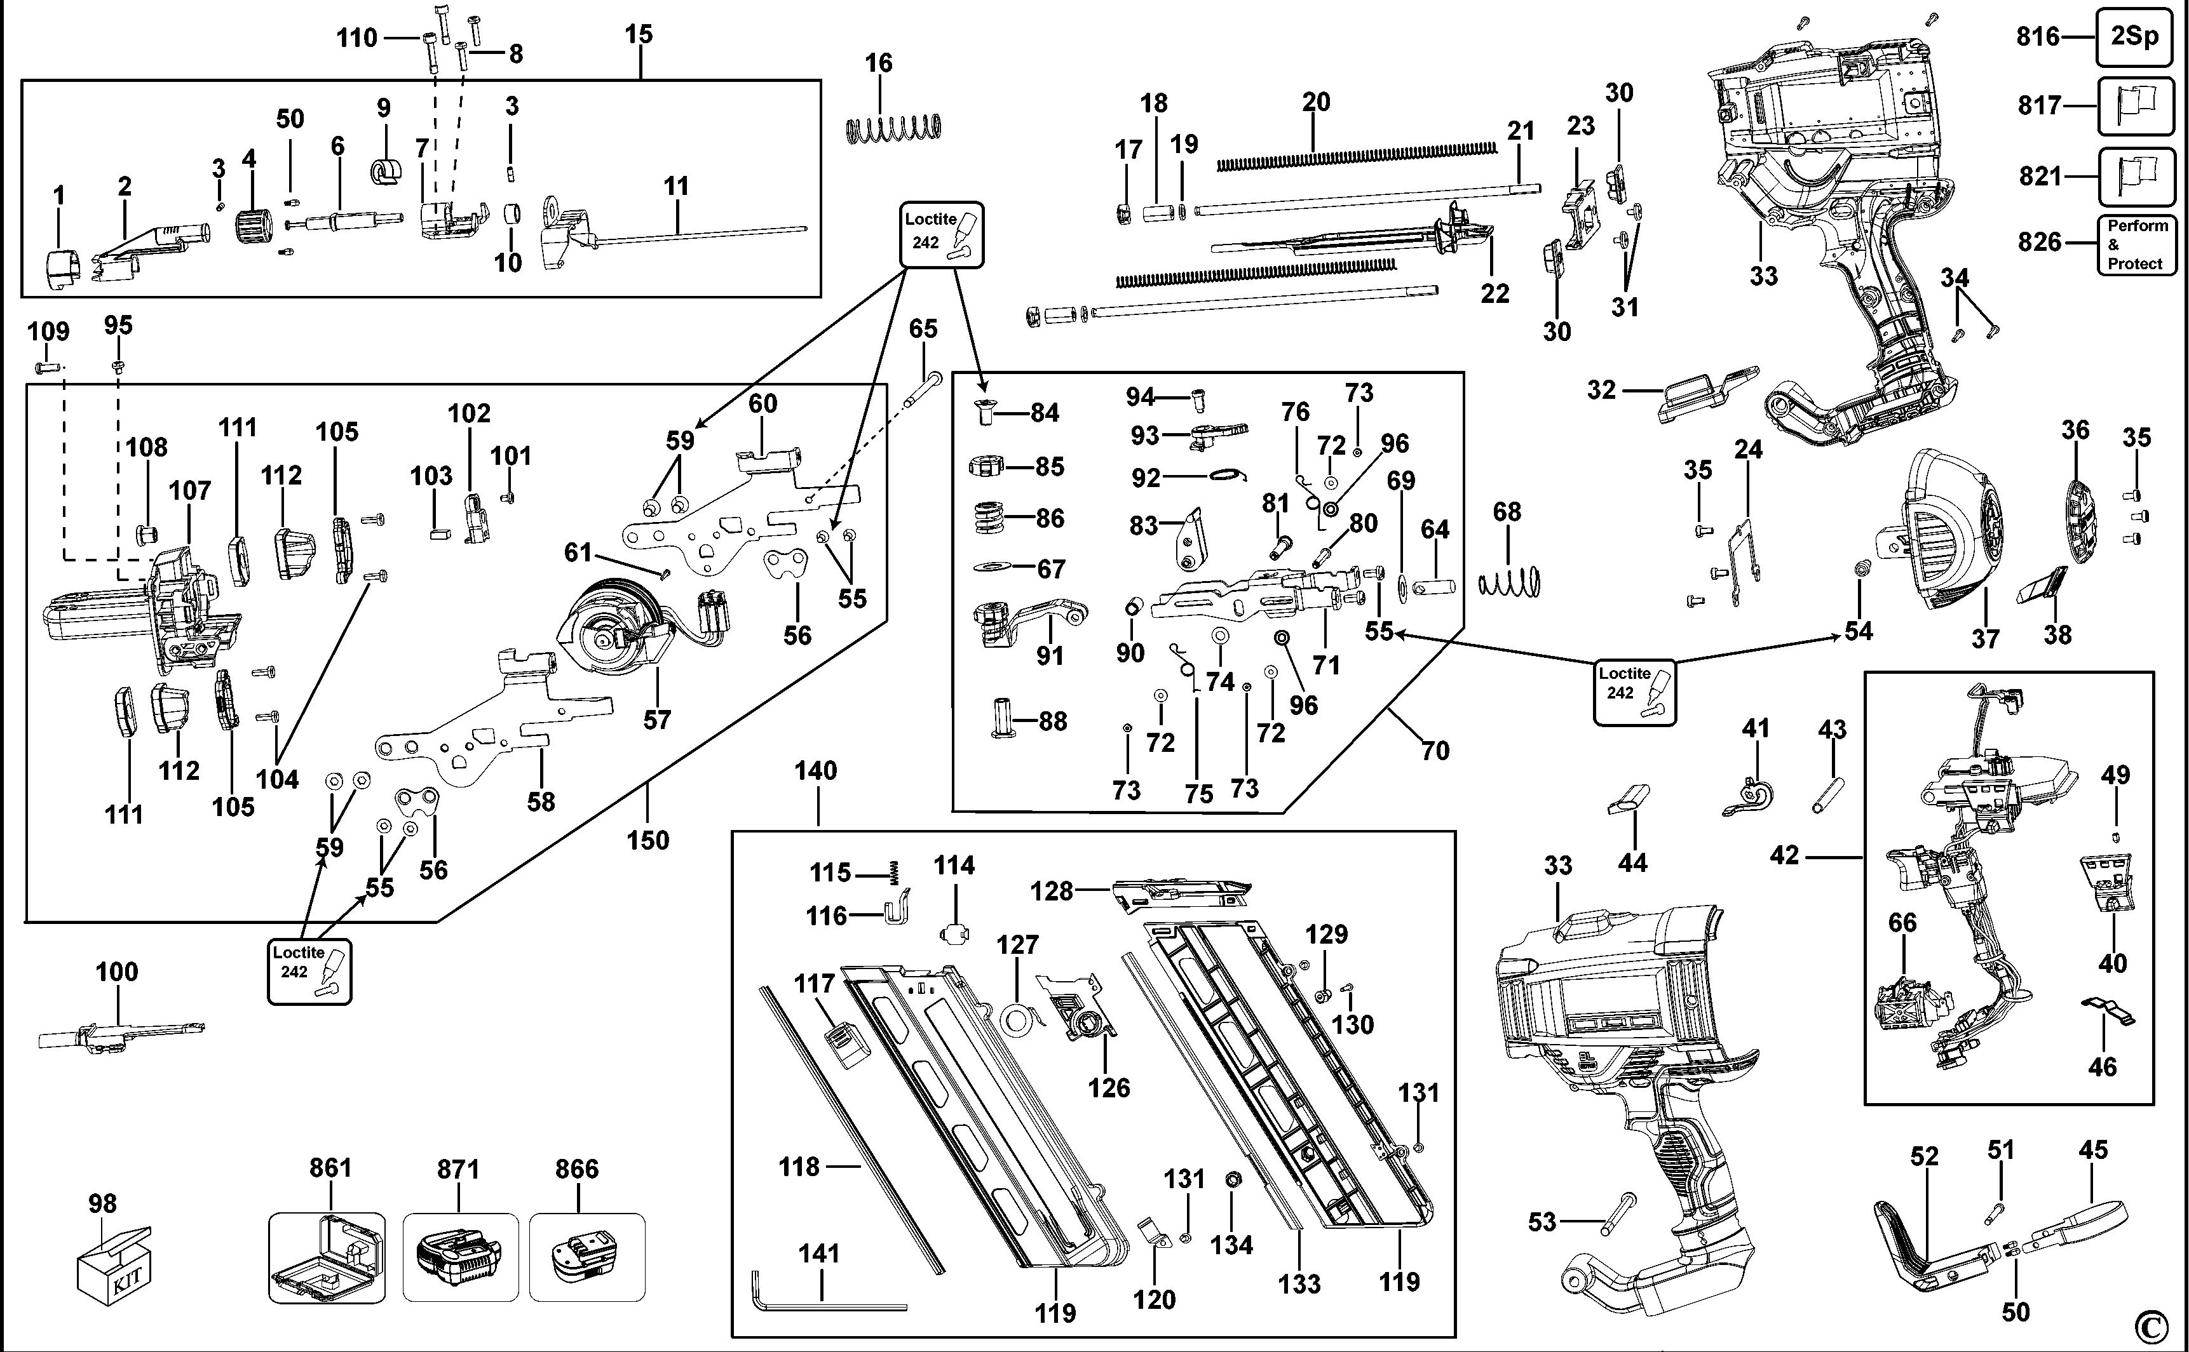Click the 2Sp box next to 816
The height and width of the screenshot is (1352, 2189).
tap(2134, 37)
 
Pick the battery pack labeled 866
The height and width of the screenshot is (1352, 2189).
tap(586, 1256)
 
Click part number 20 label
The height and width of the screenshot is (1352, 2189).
tap(1315, 102)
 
